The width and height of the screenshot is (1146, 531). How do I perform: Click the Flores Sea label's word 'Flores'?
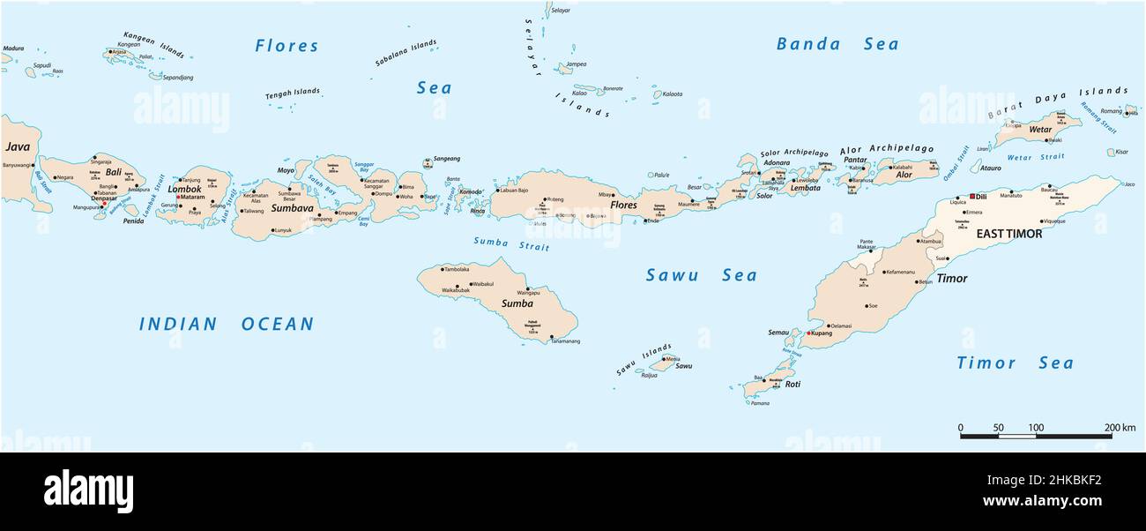(x=286, y=46)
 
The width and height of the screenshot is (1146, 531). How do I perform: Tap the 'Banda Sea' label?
(x=837, y=44)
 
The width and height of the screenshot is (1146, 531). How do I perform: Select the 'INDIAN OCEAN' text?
(x=226, y=325)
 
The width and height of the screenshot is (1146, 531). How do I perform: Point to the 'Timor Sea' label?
(x=1015, y=363)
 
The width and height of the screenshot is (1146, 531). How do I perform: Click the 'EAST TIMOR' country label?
(x=1008, y=234)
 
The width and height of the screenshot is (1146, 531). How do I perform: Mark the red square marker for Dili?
(x=972, y=196)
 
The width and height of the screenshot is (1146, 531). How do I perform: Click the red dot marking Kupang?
(x=807, y=333)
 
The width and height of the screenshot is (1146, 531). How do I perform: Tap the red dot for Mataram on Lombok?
(x=178, y=197)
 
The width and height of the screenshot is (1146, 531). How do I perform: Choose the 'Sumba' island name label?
(x=517, y=303)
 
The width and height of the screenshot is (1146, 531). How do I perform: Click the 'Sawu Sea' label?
(x=701, y=275)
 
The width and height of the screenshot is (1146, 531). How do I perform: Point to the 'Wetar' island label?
(x=1040, y=130)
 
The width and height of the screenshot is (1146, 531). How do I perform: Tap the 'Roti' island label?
(x=793, y=385)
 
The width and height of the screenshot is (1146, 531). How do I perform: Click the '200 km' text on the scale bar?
(x=1120, y=428)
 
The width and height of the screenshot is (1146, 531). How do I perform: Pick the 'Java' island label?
(x=17, y=146)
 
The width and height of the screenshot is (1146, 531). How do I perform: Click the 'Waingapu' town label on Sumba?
(x=527, y=292)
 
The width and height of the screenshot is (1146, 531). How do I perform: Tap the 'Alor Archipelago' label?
(x=886, y=149)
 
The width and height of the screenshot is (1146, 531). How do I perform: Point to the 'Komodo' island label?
(x=471, y=191)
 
